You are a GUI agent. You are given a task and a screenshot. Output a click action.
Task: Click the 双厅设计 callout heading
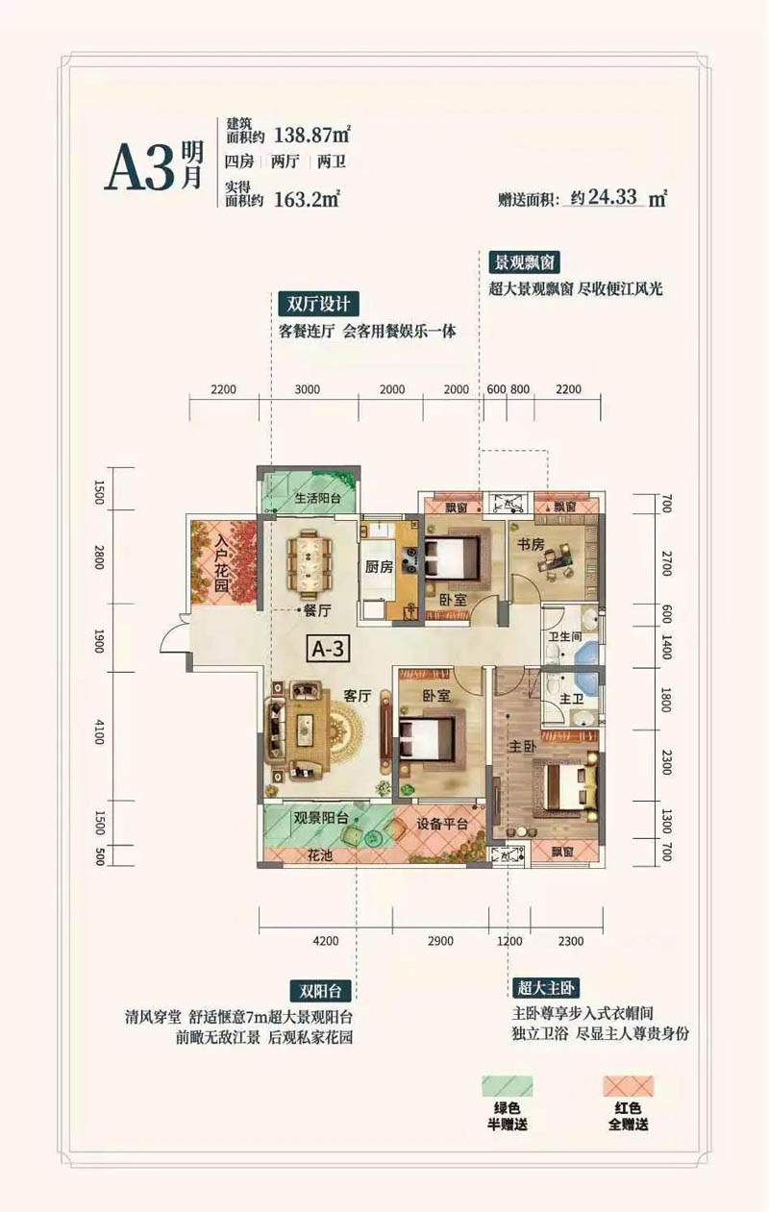(318, 305)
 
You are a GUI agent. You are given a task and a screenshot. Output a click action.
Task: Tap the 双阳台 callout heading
(322, 989)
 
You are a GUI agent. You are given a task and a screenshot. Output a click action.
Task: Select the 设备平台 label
(441, 824)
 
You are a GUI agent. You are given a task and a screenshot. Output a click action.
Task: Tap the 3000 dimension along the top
(308, 389)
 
